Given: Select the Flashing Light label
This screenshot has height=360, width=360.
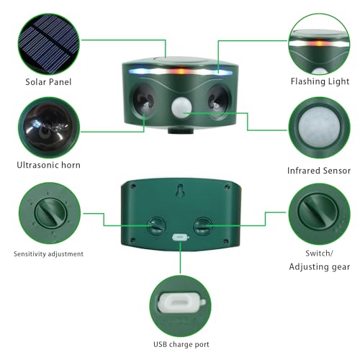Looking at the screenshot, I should (x=318, y=82).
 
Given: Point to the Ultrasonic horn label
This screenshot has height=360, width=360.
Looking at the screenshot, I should (x=49, y=165).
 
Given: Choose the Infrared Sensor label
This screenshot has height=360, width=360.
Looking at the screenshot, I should (x=318, y=171).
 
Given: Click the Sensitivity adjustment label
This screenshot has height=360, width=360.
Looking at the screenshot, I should (x=49, y=254).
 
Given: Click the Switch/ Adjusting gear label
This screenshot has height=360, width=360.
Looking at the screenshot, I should (x=318, y=260).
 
